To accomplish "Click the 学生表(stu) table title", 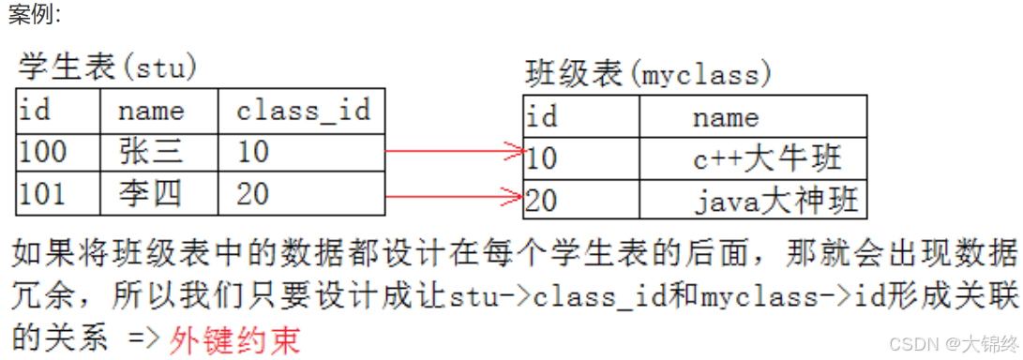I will [x=108, y=67].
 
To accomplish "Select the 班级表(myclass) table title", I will [x=648, y=73].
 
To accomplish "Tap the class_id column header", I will [x=303, y=112].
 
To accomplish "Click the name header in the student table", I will [x=150, y=112].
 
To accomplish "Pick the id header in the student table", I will [x=35, y=112].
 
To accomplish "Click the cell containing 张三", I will [x=150, y=152].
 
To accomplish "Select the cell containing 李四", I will [x=150, y=194].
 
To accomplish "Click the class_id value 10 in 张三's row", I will [x=253, y=152].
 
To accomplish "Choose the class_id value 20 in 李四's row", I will [x=253, y=194].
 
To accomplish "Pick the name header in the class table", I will [x=725, y=118].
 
